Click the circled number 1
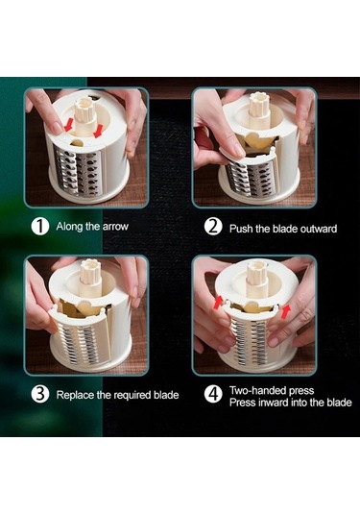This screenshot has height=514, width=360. click(40, 227)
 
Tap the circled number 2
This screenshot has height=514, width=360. click(213, 227)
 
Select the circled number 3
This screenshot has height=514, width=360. click(40, 394)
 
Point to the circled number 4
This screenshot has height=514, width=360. click(213, 394)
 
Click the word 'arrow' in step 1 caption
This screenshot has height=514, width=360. click(115, 227)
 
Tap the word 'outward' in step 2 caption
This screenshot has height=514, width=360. click(319, 229)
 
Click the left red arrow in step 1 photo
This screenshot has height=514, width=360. click(68, 125)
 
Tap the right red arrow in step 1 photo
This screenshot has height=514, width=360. click(98, 131)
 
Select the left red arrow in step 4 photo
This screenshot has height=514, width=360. click(218, 303)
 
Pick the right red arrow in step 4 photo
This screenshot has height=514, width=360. click(286, 310)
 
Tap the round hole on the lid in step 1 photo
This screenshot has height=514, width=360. click(78, 142)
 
